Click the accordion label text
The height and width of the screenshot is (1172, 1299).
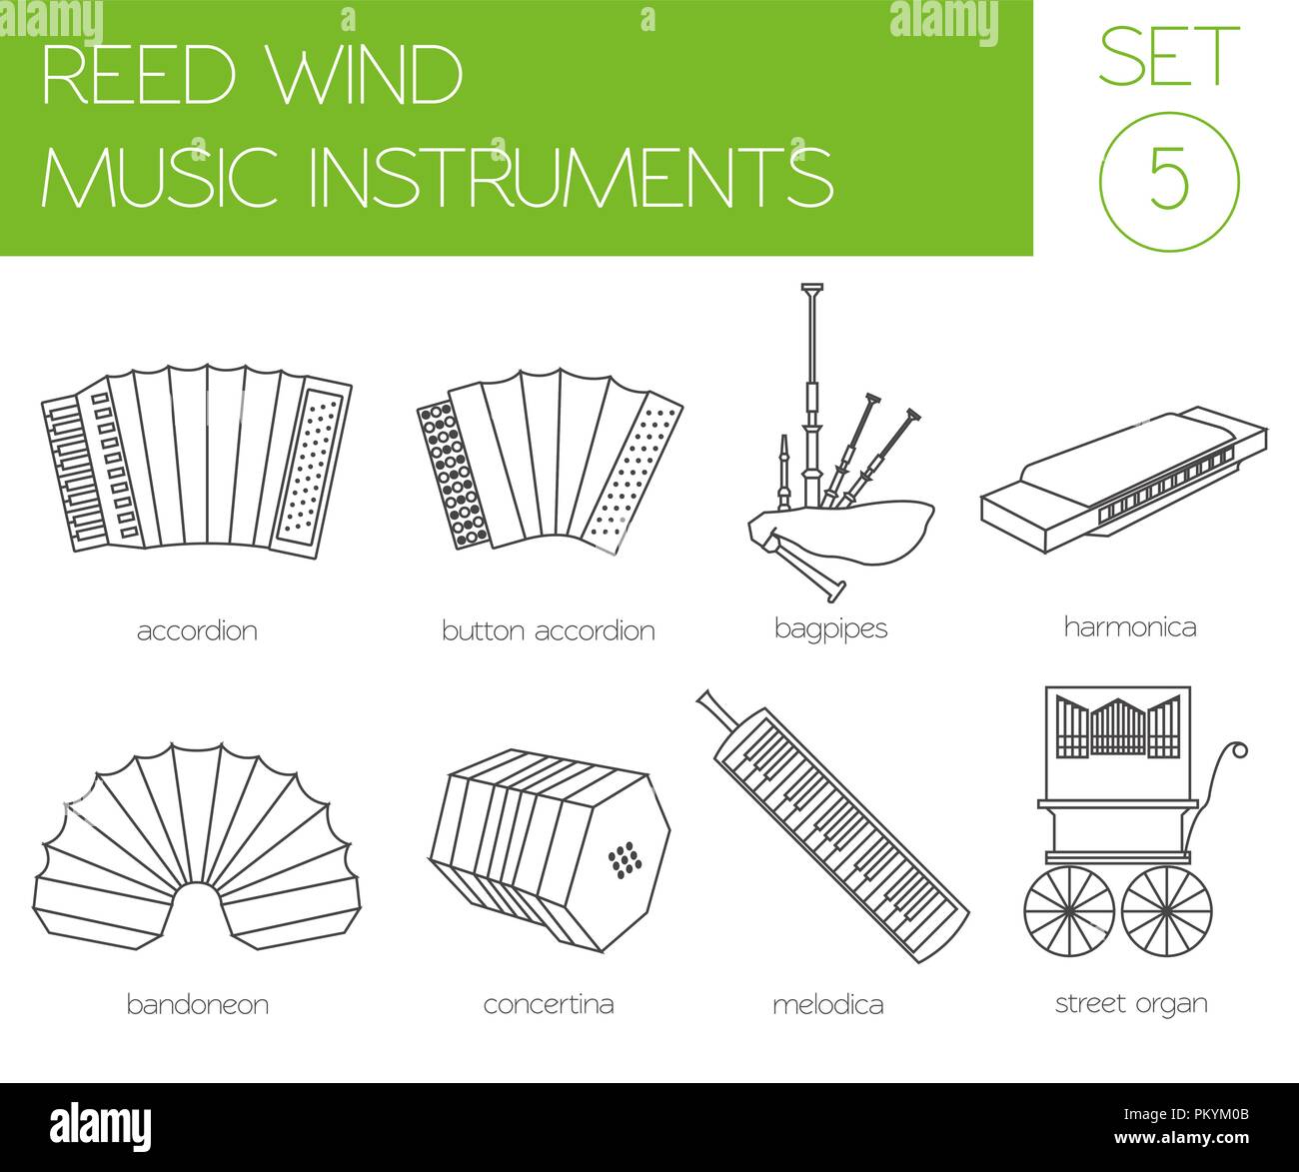(197, 631)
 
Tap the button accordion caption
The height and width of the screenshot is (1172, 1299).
(548, 631)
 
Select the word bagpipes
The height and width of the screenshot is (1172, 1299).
(830, 629)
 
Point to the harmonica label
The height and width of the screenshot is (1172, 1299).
(1129, 627)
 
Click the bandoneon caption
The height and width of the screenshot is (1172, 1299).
(197, 1004)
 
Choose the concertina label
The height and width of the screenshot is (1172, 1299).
(548, 1004)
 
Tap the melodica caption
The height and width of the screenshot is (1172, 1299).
(827, 1004)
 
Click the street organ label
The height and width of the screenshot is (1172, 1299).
(1131, 1003)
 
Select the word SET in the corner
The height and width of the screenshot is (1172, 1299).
(1168, 57)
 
